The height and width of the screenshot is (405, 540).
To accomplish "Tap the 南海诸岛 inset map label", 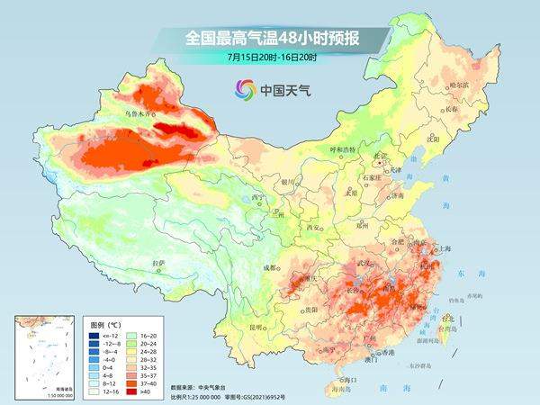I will tap(35, 385).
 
